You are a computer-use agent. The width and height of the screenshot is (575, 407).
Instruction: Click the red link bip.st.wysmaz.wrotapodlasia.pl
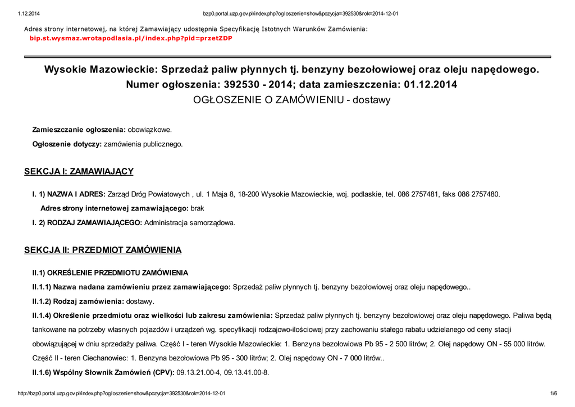130,38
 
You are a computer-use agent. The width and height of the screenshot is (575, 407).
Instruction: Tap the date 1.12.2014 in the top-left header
29,13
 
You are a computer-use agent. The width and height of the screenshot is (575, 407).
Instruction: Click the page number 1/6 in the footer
553,394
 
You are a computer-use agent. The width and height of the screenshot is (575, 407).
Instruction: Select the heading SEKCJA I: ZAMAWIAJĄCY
79,172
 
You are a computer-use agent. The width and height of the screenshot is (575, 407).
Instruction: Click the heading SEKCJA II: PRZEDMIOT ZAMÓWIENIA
103,250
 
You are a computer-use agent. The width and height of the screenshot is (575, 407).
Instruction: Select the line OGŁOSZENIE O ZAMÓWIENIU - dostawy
291,100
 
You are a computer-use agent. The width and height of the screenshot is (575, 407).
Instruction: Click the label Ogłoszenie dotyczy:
67,144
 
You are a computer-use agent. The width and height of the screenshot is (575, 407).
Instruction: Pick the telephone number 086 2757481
419,194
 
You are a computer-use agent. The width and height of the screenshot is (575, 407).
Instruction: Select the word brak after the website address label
198,208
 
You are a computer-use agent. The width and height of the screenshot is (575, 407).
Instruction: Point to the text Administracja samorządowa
190,223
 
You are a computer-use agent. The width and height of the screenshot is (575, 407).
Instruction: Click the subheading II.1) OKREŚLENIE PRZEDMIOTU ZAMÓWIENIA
110,273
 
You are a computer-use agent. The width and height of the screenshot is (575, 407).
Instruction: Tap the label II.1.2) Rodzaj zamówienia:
78,301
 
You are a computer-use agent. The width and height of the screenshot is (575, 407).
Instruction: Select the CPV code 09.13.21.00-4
199,372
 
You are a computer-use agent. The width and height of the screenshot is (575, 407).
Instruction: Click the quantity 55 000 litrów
521,344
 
